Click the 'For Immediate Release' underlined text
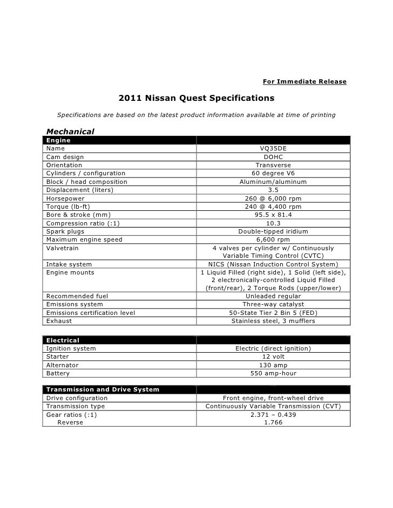point(304,81)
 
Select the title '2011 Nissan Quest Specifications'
point(196,99)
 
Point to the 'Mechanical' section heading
point(71,131)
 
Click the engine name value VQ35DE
point(273,148)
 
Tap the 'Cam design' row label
point(65,157)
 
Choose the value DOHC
point(273,157)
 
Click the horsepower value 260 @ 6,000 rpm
point(273,198)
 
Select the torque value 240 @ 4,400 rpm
point(273,207)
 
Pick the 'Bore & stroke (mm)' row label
point(74,215)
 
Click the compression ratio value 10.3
point(273,223)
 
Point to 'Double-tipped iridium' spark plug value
point(273,231)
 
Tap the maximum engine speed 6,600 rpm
point(273,239)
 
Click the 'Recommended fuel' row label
point(77,296)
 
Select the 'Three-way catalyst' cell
point(273,304)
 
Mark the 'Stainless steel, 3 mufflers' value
point(273,321)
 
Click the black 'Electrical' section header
point(63,340)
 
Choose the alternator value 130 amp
point(273,365)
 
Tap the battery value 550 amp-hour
point(273,373)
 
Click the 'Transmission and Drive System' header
point(103,389)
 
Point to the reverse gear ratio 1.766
point(273,423)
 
